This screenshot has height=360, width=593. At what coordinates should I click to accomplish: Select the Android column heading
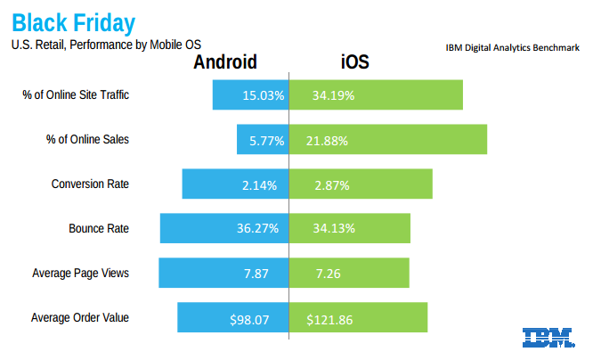pyautogui.click(x=225, y=62)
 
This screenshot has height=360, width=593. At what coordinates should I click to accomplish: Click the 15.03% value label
pyautogui.click(x=263, y=95)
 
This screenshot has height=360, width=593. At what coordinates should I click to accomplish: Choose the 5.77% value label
pyautogui.click(x=265, y=141)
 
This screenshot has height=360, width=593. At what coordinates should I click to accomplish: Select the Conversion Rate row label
pyautogui.click(x=90, y=184)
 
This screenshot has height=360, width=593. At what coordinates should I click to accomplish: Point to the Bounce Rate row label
pyautogui.click(x=99, y=228)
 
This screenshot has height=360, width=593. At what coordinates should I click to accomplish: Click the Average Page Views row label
pyautogui.click(x=80, y=273)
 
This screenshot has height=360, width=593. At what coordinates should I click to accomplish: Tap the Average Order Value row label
pyautogui.click(x=80, y=317)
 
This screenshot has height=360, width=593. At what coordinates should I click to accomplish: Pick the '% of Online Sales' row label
pyautogui.click(x=87, y=140)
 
